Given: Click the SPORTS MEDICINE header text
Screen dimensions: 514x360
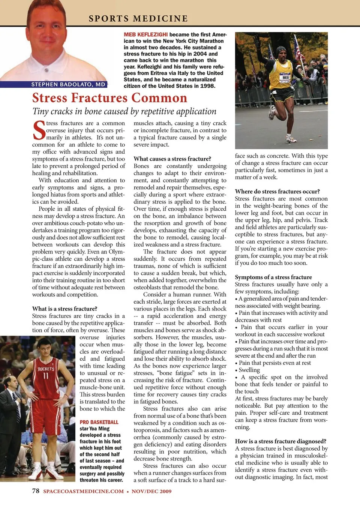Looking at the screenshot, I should pos(138,18).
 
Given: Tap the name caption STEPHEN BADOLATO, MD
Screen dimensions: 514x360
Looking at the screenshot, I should pos(68,84).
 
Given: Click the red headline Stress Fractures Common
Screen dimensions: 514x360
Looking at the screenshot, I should pos(109,98).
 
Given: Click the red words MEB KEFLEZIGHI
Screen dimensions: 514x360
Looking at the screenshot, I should pos(146,34).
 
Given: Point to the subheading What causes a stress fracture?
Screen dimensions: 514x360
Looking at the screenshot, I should pos(172,159).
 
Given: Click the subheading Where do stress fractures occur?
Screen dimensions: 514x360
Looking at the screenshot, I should pos(277,191).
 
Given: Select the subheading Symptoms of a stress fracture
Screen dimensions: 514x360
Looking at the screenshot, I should pos(273,277).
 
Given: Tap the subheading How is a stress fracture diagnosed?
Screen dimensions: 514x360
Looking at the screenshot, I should pos(280,441).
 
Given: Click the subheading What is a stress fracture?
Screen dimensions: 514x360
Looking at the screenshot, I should pos(64,309).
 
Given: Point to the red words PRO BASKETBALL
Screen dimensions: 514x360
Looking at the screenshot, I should pos(99,422).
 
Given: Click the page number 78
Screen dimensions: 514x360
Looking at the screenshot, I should pos(36,491).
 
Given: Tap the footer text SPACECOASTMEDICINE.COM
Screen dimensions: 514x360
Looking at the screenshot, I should pos(83,491).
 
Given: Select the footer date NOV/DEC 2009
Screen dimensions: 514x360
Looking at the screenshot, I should pos(151,491).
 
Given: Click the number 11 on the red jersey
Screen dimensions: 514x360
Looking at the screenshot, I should pos(46,376).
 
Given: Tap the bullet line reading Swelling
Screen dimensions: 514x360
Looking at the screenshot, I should pos(249,370).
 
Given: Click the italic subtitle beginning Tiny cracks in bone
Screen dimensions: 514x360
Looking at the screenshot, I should pos(124,111).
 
